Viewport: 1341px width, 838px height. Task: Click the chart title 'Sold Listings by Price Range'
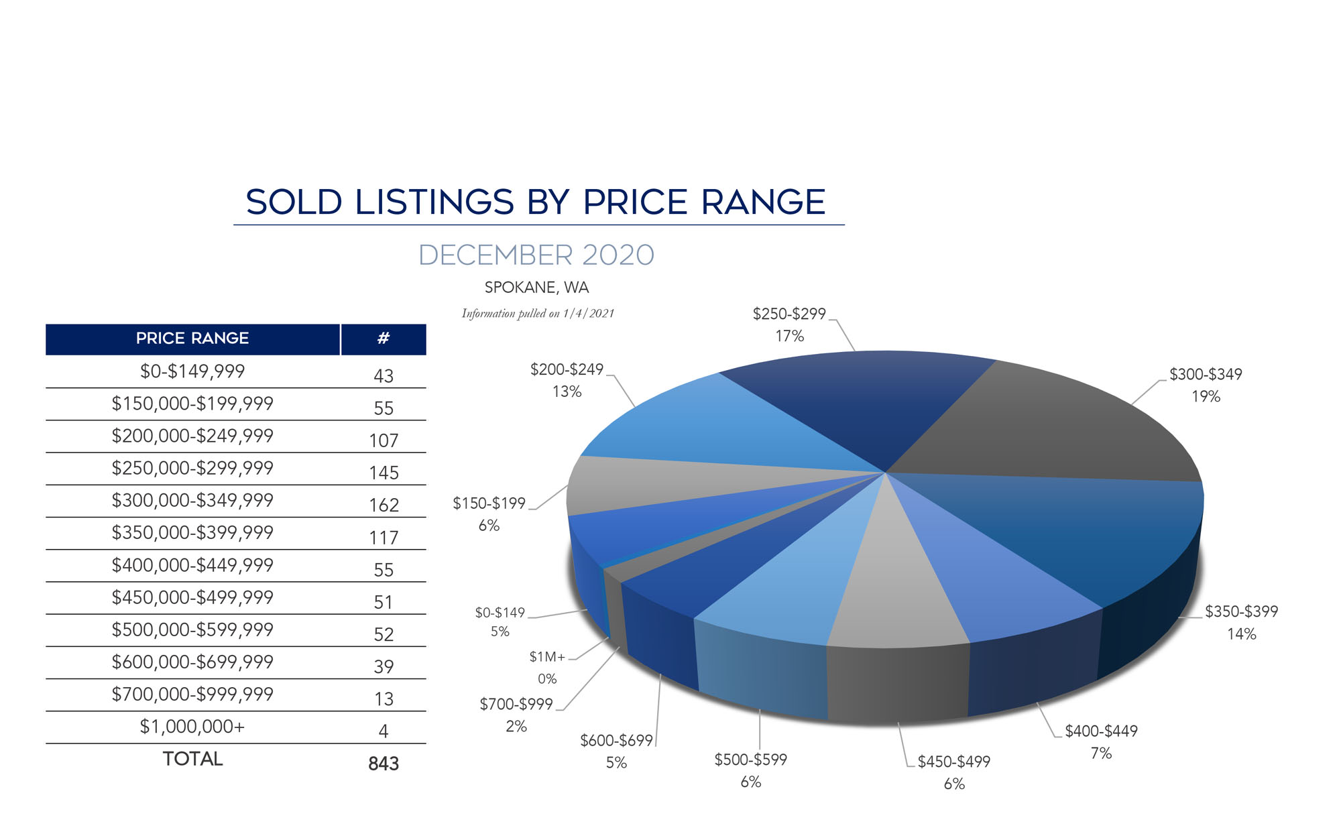(536, 202)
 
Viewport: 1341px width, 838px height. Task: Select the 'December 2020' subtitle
(536, 255)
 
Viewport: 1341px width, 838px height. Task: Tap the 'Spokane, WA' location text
(536, 288)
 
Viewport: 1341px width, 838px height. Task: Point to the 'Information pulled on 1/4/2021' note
(538, 313)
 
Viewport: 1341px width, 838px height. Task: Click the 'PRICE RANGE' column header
(192, 339)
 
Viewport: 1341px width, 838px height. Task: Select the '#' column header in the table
(383, 339)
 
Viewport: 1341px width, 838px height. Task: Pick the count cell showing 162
(384, 505)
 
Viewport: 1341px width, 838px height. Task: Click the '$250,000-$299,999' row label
(192, 468)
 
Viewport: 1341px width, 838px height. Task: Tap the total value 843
(384, 764)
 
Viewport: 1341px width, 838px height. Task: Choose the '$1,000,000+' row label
(192, 727)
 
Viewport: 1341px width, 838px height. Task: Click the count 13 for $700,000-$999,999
(384, 699)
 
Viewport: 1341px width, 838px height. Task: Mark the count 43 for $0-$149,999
(384, 376)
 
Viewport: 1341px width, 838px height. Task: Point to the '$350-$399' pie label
(1241, 611)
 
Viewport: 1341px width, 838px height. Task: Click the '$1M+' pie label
(547, 657)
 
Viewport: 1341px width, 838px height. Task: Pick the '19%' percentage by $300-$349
(1206, 397)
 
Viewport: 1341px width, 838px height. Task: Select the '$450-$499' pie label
(953, 762)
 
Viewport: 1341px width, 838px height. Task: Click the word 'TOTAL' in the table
(192, 759)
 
